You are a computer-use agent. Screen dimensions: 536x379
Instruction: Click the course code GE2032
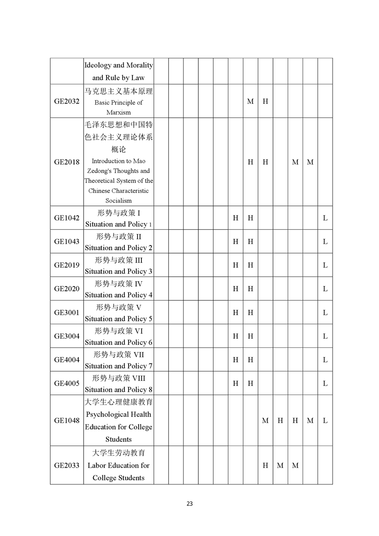[67, 101]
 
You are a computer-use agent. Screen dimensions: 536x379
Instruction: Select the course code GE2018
[67, 162]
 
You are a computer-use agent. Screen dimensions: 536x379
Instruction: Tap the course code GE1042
[67, 218]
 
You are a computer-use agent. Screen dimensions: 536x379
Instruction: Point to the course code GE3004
[67, 336]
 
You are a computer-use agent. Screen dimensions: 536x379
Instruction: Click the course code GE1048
[67, 421]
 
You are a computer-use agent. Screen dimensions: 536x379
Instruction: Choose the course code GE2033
[67, 465]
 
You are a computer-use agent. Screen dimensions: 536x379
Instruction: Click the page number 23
[190, 504]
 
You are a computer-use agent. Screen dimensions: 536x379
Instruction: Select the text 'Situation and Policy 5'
[119, 319]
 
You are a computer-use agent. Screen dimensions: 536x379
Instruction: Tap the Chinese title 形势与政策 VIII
[119, 378]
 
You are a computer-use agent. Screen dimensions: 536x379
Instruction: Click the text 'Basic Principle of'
[119, 102]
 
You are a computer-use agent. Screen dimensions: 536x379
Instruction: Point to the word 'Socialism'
[119, 201]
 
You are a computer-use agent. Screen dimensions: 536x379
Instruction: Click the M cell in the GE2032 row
[250, 101]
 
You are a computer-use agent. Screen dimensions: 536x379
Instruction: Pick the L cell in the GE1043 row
[325, 242]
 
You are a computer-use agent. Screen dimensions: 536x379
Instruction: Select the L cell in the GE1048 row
[325, 421]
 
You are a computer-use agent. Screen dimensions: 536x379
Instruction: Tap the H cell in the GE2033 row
[265, 465]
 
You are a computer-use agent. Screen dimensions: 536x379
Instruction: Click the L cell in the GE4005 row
[325, 383]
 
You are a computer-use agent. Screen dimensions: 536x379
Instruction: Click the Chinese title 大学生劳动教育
[119, 453]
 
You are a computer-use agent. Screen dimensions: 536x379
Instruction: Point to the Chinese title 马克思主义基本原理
[119, 91]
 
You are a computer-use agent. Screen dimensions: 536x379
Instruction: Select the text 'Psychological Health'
[119, 414]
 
